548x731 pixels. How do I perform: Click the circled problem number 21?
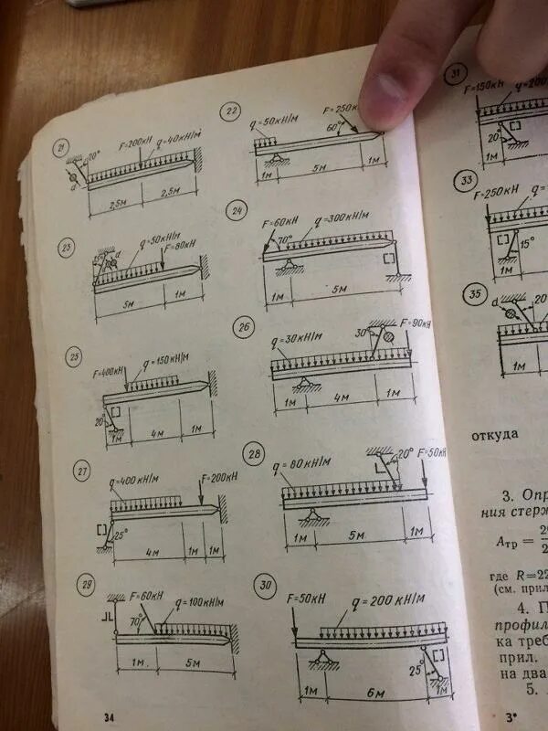coord(62,149)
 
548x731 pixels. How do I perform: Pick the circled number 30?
coord(266,586)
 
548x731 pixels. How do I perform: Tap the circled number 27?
coord(82,472)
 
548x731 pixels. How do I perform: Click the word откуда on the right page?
coord(495,434)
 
